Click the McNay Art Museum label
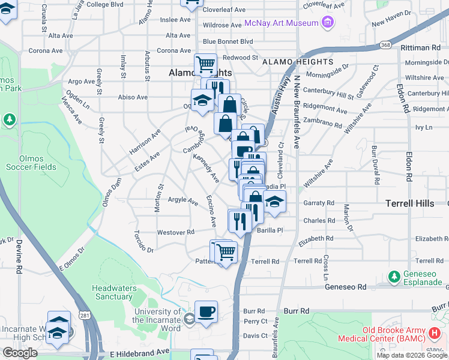281,23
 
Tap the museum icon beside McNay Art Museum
327,23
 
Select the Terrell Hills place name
409,203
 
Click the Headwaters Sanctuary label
114,292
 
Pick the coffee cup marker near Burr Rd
206,311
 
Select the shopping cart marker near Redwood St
205,64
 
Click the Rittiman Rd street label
422,47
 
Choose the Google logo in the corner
20,353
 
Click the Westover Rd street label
175,232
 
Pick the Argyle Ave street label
182,201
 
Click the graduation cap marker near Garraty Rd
275,202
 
